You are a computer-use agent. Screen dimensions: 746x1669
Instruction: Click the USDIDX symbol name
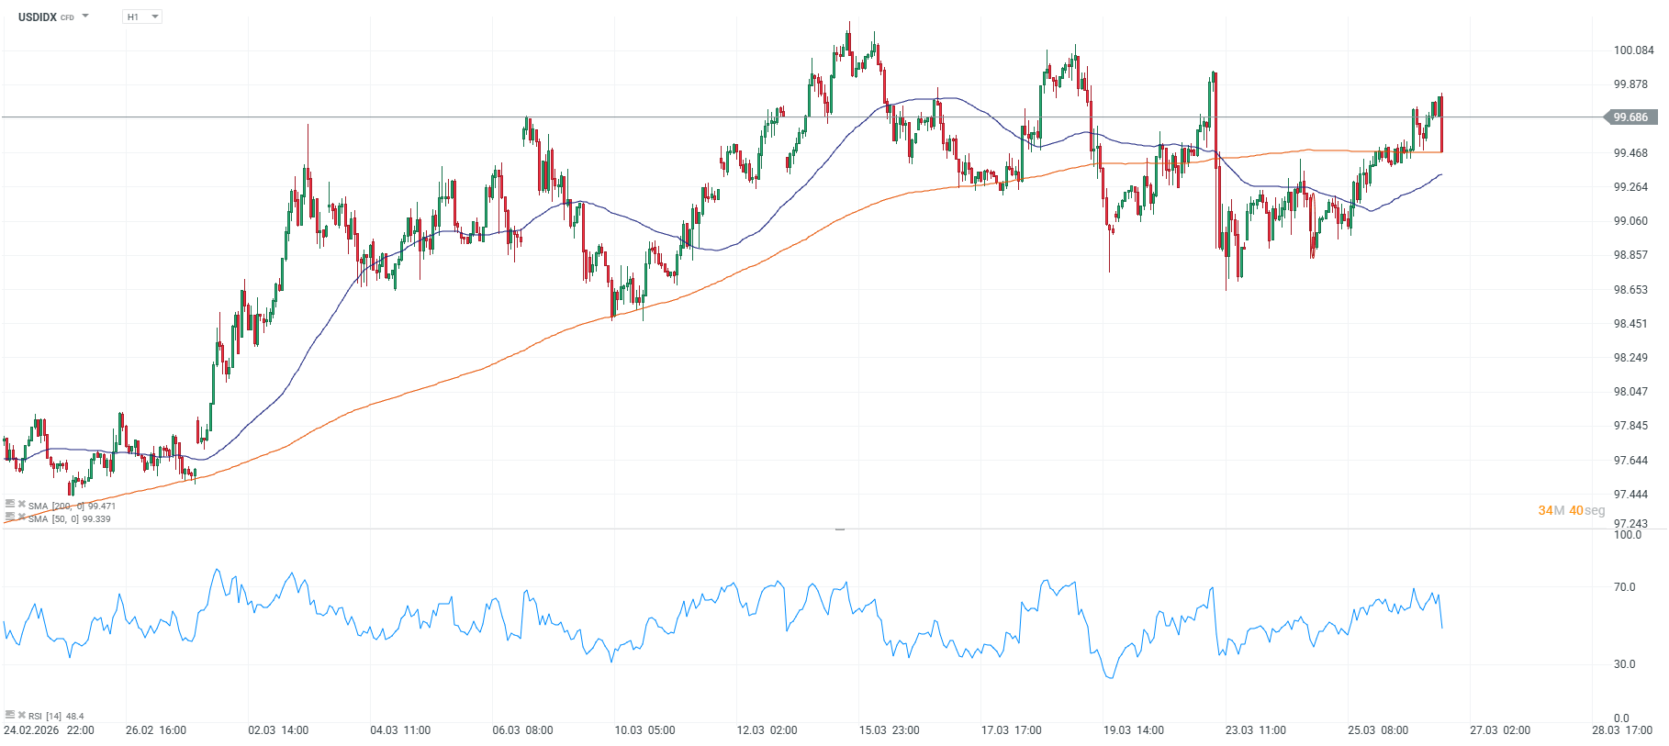point(38,17)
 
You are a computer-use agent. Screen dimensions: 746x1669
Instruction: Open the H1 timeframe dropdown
point(141,17)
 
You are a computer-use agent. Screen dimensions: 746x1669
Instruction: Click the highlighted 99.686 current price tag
point(1630,117)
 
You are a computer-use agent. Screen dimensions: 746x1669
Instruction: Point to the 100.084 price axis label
point(1633,50)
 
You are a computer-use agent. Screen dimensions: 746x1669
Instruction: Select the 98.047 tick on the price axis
point(1630,392)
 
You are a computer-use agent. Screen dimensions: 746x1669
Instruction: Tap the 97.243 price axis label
point(1630,524)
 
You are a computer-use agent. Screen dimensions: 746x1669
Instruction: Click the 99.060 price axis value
point(1630,221)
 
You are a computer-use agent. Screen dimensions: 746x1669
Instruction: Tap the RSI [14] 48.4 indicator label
point(55,716)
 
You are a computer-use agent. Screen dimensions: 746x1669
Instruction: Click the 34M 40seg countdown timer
point(1571,510)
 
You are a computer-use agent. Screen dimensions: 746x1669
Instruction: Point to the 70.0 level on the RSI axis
point(1624,587)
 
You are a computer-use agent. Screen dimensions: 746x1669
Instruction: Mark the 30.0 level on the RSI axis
point(1624,664)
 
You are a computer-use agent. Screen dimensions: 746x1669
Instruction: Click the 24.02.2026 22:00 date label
point(49,730)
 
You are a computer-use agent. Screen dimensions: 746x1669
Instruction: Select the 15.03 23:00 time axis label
point(889,730)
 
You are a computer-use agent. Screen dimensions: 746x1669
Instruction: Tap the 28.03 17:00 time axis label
point(1622,730)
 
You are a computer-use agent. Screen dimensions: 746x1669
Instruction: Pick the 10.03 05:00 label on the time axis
point(644,730)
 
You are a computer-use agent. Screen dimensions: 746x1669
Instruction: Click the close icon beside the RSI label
point(21,715)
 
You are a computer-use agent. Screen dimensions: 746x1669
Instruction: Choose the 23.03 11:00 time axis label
point(1255,730)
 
